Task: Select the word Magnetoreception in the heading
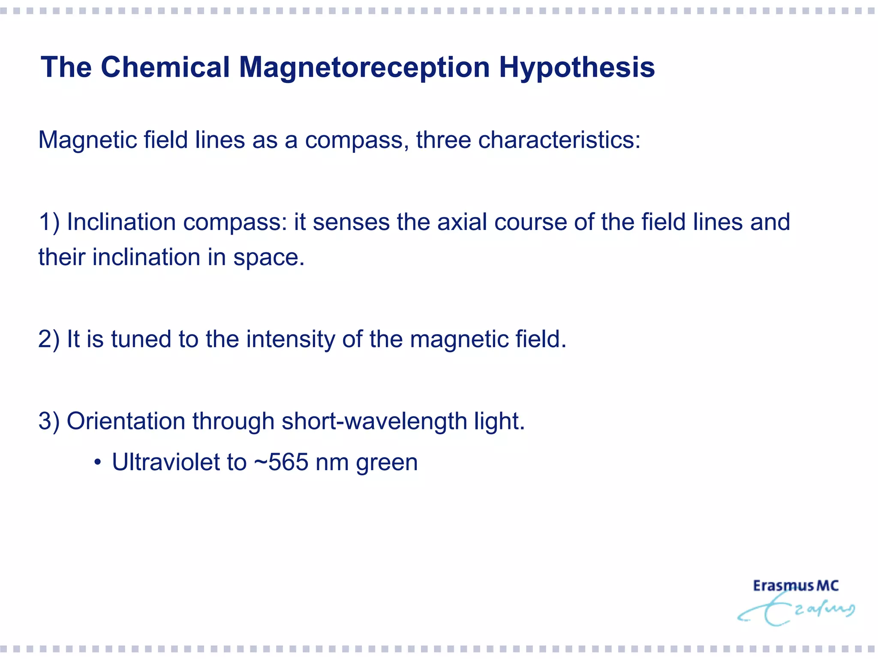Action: pos(364,67)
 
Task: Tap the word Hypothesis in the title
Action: pos(577,68)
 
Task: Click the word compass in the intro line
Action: pos(356,140)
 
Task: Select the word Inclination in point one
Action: pos(121,222)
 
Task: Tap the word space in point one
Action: pos(268,257)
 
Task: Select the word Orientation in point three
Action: pos(126,421)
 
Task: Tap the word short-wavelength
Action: pos(374,421)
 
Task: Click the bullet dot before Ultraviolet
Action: pos(98,463)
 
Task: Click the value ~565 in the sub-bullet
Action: pos(281,462)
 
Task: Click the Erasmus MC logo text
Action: pos(796,586)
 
